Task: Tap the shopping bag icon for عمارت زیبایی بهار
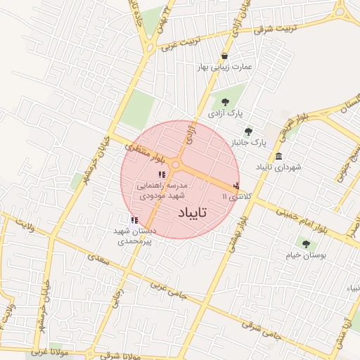(x=224, y=56)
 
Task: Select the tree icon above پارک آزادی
(x=224, y=103)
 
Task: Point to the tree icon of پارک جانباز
(x=247, y=131)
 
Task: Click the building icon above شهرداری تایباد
(x=279, y=156)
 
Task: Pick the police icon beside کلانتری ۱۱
(x=236, y=186)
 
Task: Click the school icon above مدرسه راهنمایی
(x=162, y=174)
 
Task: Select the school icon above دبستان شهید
(x=134, y=220)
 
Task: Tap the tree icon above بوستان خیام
(x=305, y=243)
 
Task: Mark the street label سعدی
(x=96, y=258)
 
